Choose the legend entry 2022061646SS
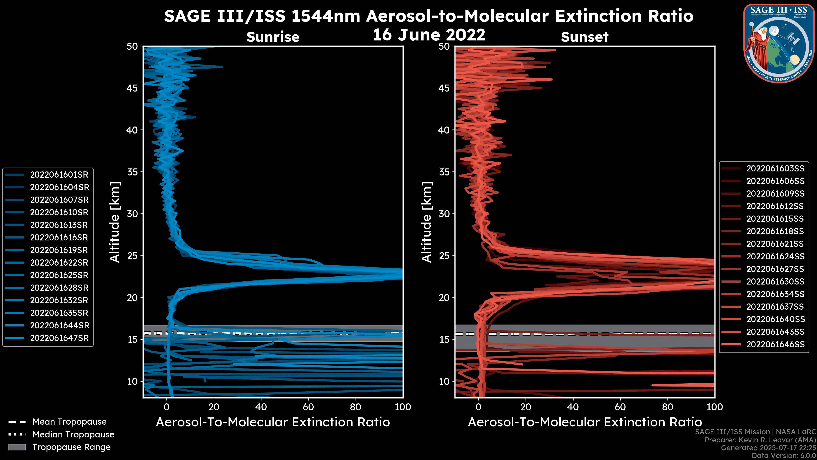click(775, 344)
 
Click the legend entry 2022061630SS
click(775, 282)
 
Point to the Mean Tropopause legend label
click(69, 422)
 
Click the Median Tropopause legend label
click(73, 435)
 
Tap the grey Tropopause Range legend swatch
click(17, 447)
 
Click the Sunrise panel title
click(273, 37)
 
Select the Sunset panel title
click(584, 37)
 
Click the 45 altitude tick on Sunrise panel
click(132, 88)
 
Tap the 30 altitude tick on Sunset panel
click(444, 214)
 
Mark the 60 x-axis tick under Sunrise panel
click(308, 407)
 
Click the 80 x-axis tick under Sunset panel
click(668, 407)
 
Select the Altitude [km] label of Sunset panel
click(427, 222)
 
